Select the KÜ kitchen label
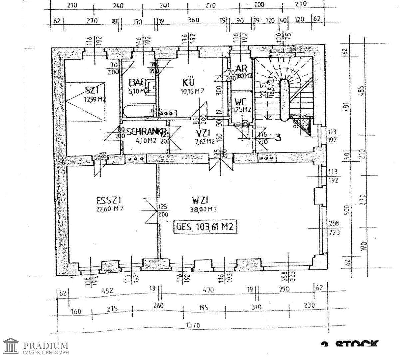click(x=188, y=82)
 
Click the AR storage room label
click(x=241, y=69)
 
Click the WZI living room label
click(x=200, y=200)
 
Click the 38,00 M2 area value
click(x=204, y=209)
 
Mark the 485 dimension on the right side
click(x=362, y=90)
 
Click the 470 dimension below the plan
click(x=208, y=290)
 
